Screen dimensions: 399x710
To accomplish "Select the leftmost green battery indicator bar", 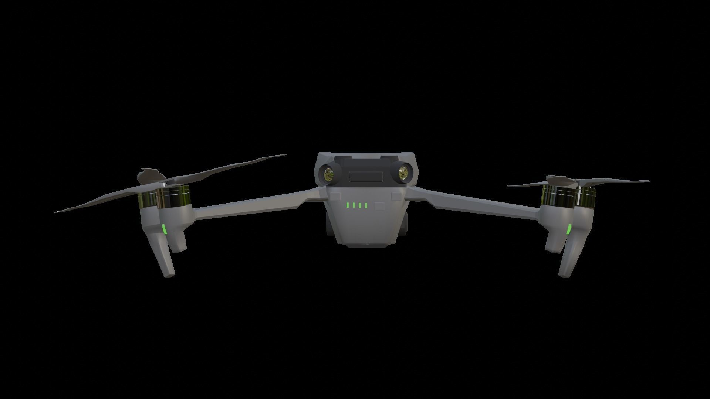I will click(348, 205).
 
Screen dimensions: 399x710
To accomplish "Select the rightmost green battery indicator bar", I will click(366, 205).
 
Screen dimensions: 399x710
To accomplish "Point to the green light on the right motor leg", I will click(569, 230).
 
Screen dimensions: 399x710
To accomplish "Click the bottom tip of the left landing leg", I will click(170, 275).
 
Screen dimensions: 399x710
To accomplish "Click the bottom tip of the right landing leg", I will click(564, 275).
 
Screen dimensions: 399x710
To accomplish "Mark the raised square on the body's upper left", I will click(336, 196).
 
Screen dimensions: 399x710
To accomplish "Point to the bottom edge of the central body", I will click(366, 245).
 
